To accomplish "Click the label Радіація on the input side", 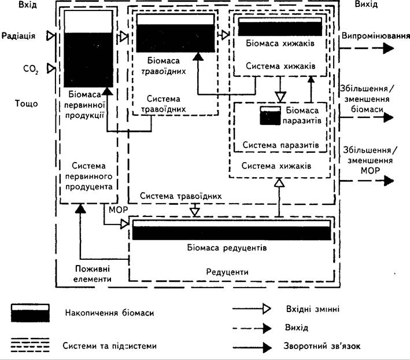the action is click(x=19, y=35).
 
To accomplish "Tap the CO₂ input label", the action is click(x=31, y=69).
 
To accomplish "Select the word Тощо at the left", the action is click(x=26, y=104).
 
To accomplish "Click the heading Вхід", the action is click(x=27, y=5).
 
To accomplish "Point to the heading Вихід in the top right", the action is click(x=366, y=4).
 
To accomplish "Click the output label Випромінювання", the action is click(x=375, y=35).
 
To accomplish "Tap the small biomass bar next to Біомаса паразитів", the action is click(x=271, y=115).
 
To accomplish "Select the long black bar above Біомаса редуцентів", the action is click(x=232, y=230).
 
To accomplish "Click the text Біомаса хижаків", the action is click(x=280, y=43).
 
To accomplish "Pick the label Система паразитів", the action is click(x=280, y=145).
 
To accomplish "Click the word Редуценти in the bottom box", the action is click(x=227, y=272).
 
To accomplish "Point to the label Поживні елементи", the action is click(x=93, y=274).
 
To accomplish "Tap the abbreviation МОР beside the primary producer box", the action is click(x=119, y=210).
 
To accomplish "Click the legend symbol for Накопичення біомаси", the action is click(x=30, y=313).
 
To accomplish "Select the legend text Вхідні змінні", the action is click(x=313, y=309).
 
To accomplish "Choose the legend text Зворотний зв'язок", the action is click(x=322, y=346).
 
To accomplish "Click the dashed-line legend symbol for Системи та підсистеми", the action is click(x=30, y=345).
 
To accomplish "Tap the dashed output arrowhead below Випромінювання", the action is click(x=389, y=49).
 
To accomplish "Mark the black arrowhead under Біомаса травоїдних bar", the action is click(x=198, y=56).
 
